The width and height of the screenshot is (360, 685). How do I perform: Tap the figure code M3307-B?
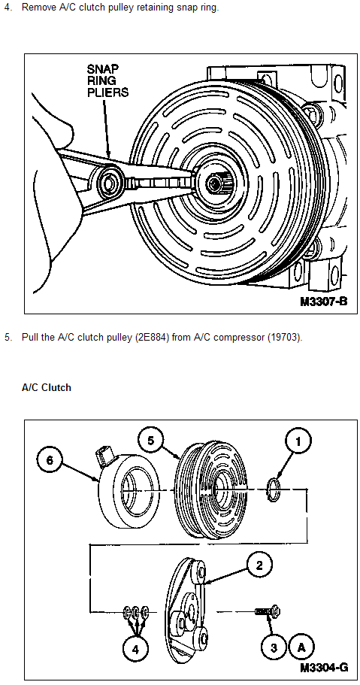(323, 302)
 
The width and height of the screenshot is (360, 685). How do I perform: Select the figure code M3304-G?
(324, 668)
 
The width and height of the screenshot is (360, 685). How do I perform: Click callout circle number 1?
(298, 441)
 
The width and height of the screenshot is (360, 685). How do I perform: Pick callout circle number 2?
(259, 565)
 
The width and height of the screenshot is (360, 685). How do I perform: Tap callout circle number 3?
(274, 648)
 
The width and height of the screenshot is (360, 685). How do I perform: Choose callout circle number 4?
(135, 649)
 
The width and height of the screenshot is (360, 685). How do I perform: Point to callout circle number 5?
(151, 441)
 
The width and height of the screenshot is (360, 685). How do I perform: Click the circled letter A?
(301, 648)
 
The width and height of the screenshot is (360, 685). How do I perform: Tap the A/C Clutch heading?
(47, 387)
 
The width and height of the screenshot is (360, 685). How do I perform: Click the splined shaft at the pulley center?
(216, 181)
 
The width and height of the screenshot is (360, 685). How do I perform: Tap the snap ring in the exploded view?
(273, 487)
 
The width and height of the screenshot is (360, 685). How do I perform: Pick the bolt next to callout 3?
(268, 611)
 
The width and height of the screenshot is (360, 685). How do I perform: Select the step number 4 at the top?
(8, 8)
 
